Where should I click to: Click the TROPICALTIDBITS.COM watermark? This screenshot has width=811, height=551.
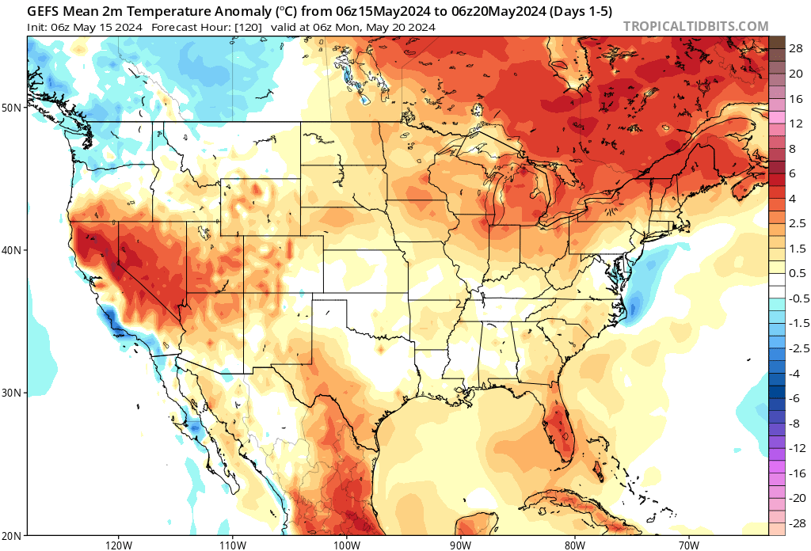tap(695, 26)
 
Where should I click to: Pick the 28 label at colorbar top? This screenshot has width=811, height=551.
tap(796, 47)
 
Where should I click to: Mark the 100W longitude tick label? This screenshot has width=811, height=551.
tap(346, 545)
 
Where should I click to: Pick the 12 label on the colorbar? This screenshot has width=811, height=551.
tap(796, 123)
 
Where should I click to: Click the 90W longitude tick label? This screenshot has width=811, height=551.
tap(460, 545)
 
